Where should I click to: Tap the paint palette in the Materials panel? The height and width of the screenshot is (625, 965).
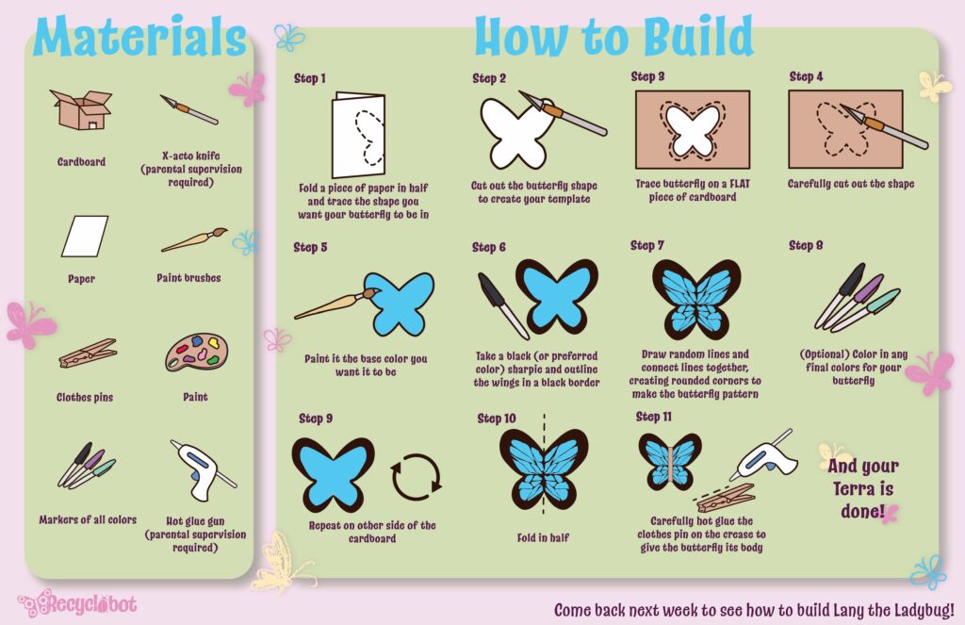(196, 353)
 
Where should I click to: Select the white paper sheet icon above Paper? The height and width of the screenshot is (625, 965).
(85, 236)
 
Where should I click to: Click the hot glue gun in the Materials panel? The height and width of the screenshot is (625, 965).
(202, 470)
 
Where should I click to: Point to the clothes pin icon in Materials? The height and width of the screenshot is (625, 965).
(88, 354)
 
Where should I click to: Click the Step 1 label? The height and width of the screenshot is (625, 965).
(309, 78)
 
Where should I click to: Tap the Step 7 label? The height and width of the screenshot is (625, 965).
(646, 245)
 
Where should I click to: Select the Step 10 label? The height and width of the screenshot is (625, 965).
(496, 419)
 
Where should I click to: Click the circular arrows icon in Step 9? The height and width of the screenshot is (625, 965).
(416, 477)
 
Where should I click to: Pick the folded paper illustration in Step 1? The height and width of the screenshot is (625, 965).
(359, 136)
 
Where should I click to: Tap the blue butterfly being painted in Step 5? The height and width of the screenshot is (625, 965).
(399, 304)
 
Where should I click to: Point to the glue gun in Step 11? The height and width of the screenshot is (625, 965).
(763, 456)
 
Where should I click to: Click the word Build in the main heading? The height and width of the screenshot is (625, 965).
(698, 36)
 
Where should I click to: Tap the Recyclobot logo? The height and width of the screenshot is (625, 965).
(77, 603)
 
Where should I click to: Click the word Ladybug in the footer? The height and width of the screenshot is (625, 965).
(924, 610)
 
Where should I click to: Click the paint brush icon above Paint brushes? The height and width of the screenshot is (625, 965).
(194, 239)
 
